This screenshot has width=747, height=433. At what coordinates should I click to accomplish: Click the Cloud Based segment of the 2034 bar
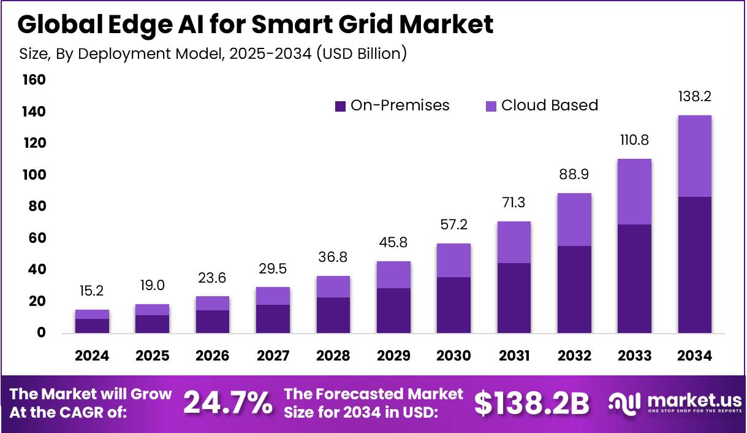pos(694,156)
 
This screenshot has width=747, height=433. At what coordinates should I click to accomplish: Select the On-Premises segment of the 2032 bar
pos(574,289)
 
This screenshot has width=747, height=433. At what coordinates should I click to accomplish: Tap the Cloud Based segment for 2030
pos(453,260)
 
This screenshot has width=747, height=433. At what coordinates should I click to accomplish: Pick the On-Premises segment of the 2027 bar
pos(273,319)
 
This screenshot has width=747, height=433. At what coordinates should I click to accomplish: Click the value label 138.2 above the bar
pos(694,97)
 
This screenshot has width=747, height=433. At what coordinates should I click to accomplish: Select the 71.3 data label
pos(514,203)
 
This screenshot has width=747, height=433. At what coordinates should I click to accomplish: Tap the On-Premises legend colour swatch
pos(341,106)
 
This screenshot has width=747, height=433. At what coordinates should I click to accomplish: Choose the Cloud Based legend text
pos(549,105)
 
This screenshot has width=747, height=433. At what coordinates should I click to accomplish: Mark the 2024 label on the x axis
pos(93,356)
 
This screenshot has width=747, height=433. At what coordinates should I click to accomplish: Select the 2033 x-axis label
pos(634,356)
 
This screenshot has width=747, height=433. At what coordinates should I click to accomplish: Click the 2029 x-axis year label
pos(393,356)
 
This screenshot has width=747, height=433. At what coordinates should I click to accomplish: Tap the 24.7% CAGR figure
pos(228,403)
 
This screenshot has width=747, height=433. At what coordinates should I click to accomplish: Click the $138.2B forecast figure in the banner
pos(532,403)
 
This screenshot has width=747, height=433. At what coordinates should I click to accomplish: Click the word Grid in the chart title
pos(351,25)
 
